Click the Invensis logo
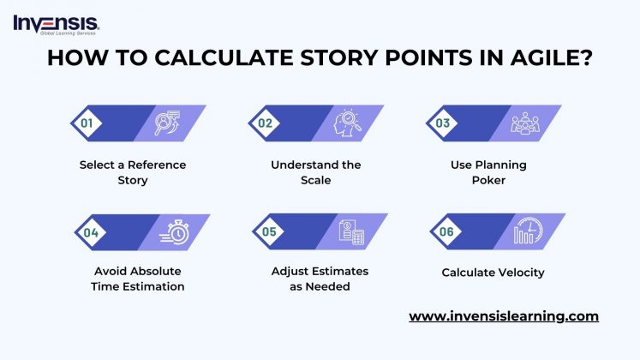coord(56,23)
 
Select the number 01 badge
coord(87,123)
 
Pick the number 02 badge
coord(266,123)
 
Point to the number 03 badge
coord(443,123)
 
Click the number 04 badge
coord(90,231)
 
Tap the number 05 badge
coord(269,231)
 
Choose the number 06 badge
coord(446,231)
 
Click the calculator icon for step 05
coord(352,231)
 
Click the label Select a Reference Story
coord(132,172)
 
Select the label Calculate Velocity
coord(493,273)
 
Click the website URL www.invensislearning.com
coord(504,316)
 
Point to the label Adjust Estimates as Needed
coord(319,279)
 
